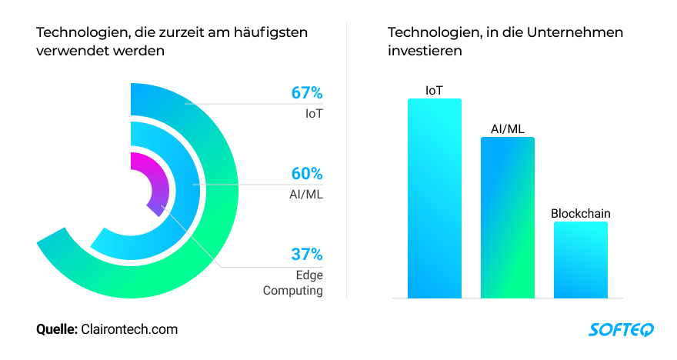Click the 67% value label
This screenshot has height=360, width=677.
coord(306,93)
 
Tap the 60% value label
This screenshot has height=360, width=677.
coord(306,174)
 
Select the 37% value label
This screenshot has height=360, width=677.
coord(306,254)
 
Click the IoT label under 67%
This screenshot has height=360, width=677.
coord(313,114)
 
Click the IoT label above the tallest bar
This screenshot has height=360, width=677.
coord(435,90)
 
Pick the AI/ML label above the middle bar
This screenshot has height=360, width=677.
coord(508,128)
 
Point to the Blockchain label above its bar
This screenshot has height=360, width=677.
coord(580,213)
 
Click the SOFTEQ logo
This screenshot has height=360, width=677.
coord(621,330)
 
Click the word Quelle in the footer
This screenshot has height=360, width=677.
coord(57,329)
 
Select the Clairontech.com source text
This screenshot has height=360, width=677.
coord(129,329)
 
